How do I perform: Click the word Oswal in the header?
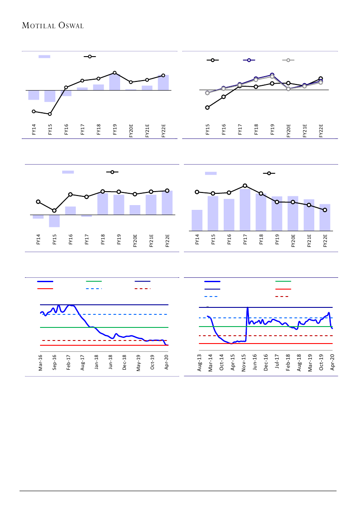point(71,26)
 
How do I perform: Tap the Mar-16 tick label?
point(40,363)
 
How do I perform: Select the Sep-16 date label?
point(54,363)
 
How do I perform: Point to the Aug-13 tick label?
point(199,363)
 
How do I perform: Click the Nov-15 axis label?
point(244,363)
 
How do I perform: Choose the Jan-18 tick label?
point(97,363)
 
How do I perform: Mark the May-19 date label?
point(138,363)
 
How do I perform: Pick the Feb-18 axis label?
point(288,363)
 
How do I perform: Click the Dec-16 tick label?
point(266,363)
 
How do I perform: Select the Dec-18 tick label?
point(124,363)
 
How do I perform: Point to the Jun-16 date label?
point(255,363)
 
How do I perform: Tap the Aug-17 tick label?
point(83,363)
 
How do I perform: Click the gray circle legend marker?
point(287,60)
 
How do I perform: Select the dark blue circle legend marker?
point(249,60)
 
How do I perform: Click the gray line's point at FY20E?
point(288,89)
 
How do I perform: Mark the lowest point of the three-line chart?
point(207,108)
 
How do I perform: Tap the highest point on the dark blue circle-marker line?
point(272,75)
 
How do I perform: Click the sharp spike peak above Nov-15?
point(247,308)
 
